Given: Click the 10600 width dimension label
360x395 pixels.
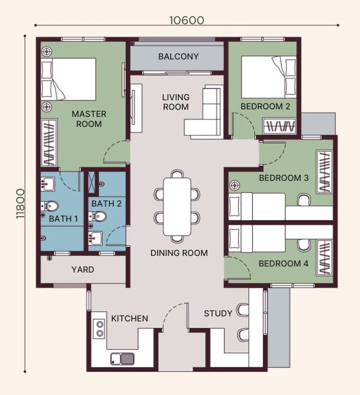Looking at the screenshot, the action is pyautogui.click(x=186, y=20).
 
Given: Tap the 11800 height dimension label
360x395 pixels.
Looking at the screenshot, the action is pyautogui.click(x=20, y=204).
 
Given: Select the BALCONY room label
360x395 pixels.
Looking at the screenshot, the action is pyautogui.click(x=178, y=56).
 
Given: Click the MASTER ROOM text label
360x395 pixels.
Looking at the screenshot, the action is pyautogui.click(x=89, y=119).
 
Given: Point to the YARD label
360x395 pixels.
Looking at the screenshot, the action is pyautogui.click(x=83, y=270).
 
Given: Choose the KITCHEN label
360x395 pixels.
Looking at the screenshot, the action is pyautogui.click(x=130, y=318).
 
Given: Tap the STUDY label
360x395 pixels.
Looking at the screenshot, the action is pyautogui.click(x=218, y=313).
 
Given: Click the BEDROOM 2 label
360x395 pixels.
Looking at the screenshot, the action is pyautogui.click(x=265, y=106).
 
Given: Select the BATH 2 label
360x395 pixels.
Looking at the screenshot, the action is pyautogui.click(x=107, y=204).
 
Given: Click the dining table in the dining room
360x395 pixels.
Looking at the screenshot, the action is pyautogui.click(x=177, y=207).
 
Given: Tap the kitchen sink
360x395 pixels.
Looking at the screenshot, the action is pyautogui.click(x=122, y=359).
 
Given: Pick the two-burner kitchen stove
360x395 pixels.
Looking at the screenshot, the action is pyautogui.click(x=100, y=328).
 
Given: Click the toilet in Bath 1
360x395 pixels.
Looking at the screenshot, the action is pyautogui.click(x=50, y=206).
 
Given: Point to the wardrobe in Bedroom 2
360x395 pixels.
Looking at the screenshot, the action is pyautogui.click(x=279, y=125).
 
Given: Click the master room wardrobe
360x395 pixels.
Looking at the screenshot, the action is pyautogui.click(x=49, y=143).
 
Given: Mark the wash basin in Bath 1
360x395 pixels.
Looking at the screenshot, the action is pyautogui.click(x=47, y=183).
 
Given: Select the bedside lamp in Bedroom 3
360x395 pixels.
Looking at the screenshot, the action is pyautogui.click(x=235, y=185).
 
